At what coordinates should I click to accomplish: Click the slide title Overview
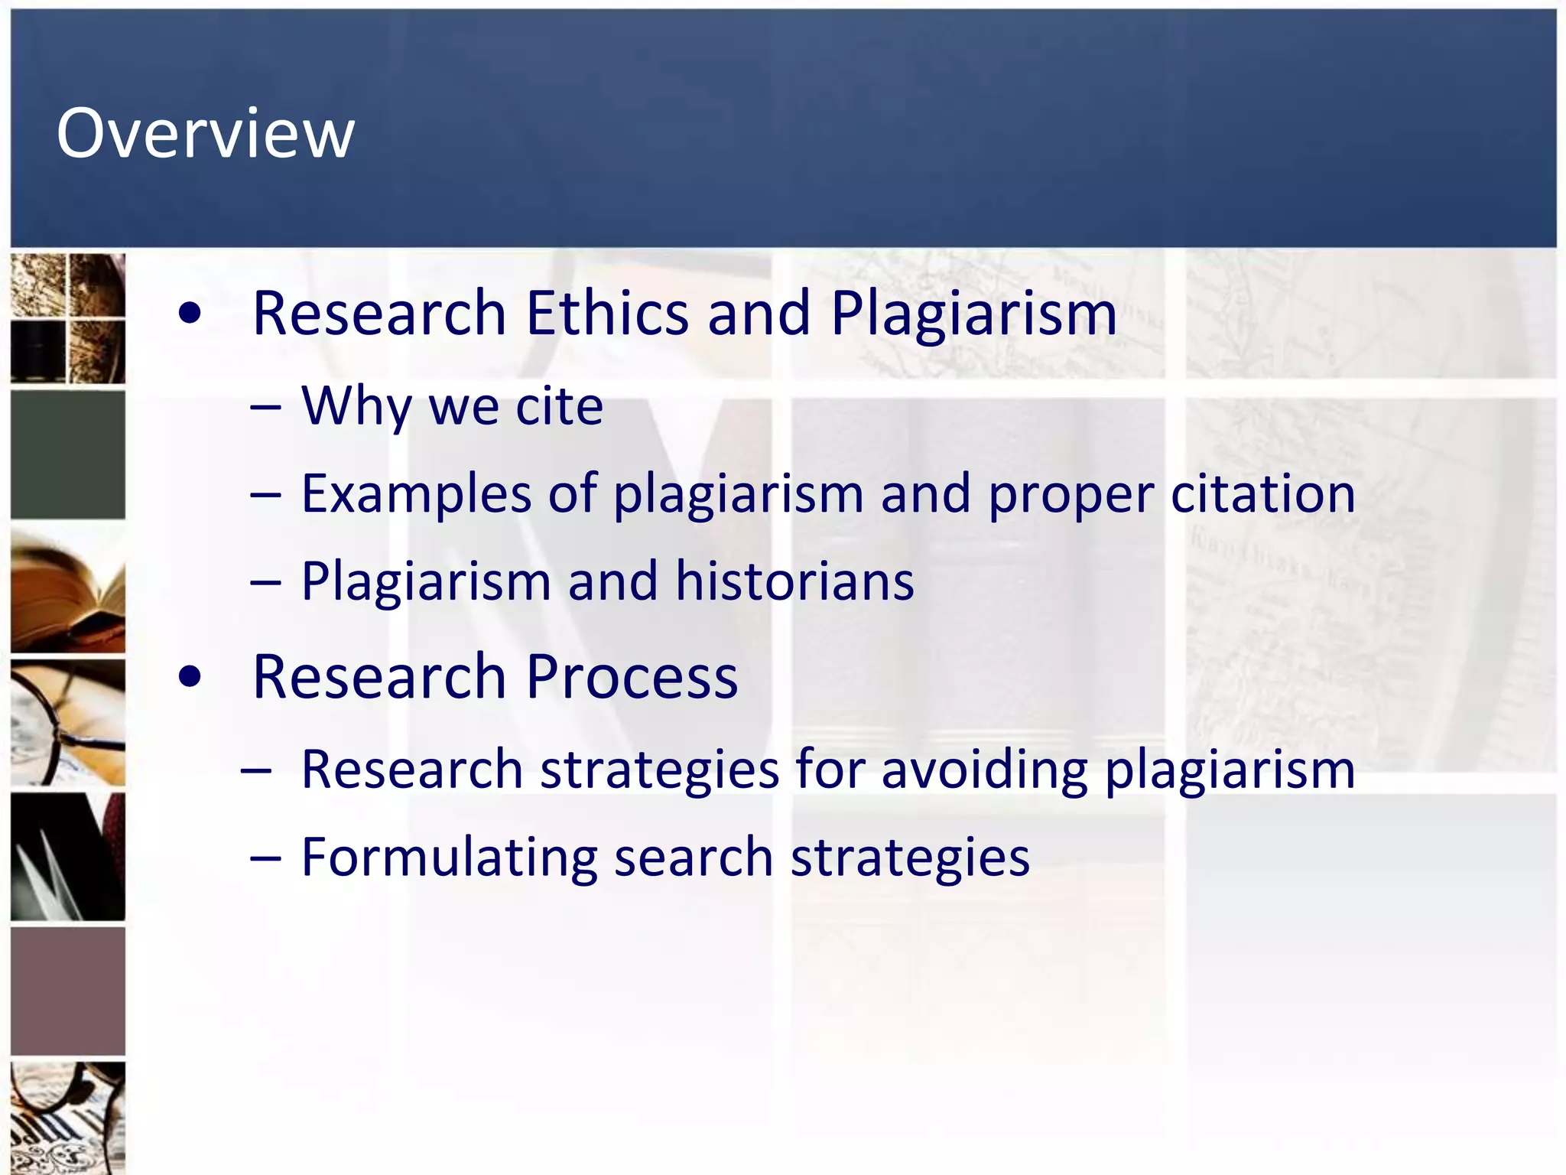205,134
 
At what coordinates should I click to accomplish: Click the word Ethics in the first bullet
607,313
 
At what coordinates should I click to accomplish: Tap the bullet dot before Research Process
190,676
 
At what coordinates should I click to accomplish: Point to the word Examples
416,494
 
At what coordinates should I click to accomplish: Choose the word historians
794,581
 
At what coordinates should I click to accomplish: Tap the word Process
632,677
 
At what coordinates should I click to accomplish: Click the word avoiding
984,769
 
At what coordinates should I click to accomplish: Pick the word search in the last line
694,857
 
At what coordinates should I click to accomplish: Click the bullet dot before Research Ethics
190,313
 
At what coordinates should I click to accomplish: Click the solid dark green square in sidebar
68,454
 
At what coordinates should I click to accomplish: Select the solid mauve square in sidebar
68,991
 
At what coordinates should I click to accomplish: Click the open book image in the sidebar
68,589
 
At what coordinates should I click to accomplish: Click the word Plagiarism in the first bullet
973,314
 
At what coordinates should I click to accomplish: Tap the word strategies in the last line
910,858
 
